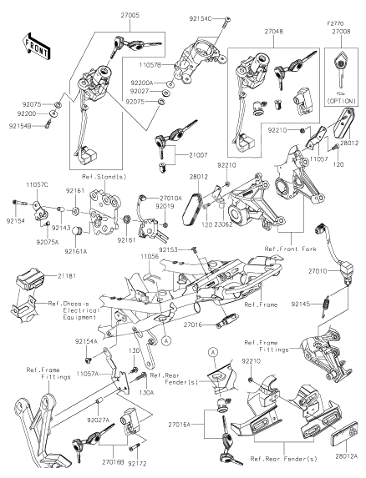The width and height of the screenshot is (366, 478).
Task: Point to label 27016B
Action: pos(112,460)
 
